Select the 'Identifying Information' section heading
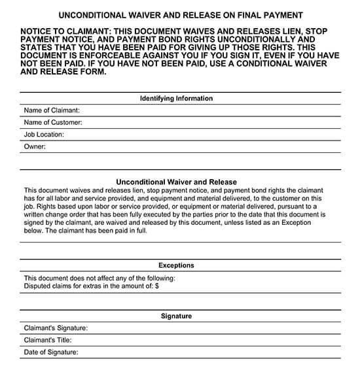coord(176,99)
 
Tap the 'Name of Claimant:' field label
coord(52,110)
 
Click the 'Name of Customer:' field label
coord(53,122)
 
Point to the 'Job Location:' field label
coord(44,135)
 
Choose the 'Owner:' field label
coord(35,147)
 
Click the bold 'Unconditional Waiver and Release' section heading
coord(176,182)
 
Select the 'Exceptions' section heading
coord(176,265)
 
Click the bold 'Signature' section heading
coord(176,316)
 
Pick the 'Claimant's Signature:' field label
coord(56,328)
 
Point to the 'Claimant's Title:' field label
coord(47,340)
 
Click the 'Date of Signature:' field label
coord(51,352)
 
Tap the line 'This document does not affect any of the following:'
coord(99,278)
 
